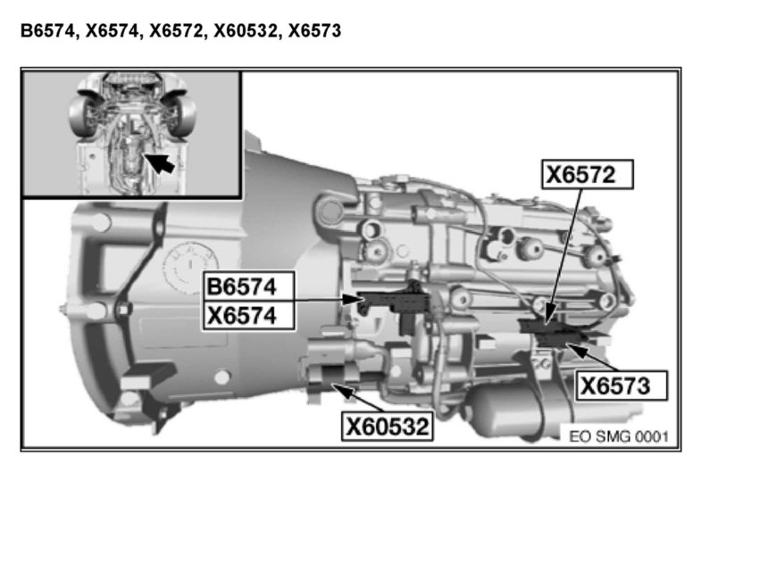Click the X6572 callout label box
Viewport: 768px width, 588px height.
point(588,174)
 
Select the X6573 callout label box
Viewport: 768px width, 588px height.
point(621,386)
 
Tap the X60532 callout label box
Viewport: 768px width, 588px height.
point(388,427)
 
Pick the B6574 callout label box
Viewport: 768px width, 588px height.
point(249,286)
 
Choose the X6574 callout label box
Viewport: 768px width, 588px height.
point(249,316)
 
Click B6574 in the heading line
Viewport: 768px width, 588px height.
point(47,31)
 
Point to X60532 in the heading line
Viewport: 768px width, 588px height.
point(246,31)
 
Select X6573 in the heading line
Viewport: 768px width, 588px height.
point(314,31)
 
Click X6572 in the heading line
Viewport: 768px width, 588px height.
point(176,31)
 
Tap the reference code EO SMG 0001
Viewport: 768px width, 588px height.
point(619,436)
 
